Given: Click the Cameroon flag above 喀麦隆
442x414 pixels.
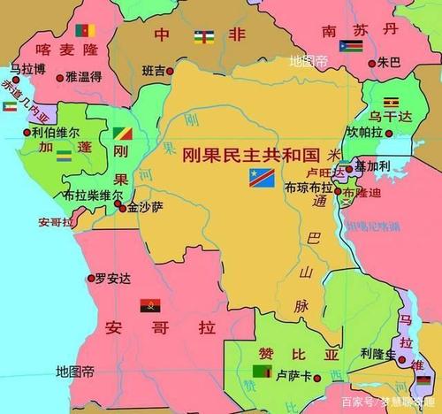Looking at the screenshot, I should coord(86,30).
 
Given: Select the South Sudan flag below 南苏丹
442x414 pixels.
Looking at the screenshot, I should coord(351,46).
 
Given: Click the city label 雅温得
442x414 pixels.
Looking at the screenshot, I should coord(83,78).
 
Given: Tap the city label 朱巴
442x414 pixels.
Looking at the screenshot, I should coord(389,63).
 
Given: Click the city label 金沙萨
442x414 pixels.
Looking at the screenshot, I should coord(145,207).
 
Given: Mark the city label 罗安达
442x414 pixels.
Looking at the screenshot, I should coord(112,278).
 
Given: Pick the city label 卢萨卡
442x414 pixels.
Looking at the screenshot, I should coord(294,374).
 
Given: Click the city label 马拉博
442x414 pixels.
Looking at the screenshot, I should coord(27,68).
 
